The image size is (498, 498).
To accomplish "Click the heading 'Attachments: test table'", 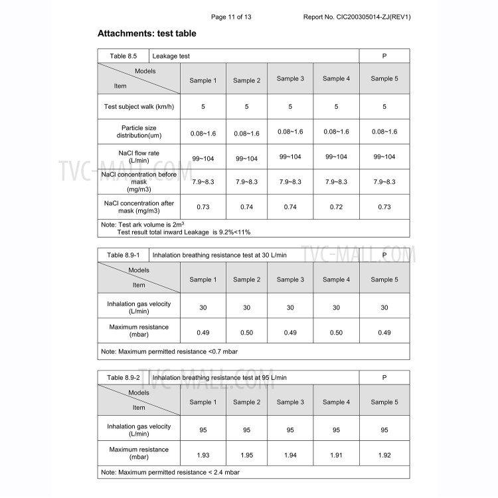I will point(147,33).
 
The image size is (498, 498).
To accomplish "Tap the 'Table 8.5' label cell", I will point(123,56).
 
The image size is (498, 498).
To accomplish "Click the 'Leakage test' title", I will point(171,56).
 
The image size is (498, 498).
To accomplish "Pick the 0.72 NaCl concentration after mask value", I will point(336,207).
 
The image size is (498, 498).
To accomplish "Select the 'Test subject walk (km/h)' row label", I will point(138,106).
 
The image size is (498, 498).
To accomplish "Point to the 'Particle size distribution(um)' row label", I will point(138,131).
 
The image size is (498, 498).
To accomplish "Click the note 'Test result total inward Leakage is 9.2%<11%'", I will point(184,232).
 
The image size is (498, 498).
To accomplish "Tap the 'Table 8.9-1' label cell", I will point(123,254).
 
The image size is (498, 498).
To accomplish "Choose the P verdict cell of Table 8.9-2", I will point(384,377).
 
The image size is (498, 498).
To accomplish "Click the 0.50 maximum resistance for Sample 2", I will point(246,333).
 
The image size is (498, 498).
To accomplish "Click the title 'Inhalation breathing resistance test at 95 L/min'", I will point(220,377).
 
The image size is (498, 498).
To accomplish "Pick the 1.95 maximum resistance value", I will point(246,455).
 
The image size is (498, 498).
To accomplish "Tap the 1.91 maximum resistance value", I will point(336,455).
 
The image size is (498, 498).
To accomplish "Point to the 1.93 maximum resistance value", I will point(203,455).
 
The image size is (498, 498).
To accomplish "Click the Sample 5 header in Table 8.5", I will point(384,79).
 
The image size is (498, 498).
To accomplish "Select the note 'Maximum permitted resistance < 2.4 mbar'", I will point(170,472).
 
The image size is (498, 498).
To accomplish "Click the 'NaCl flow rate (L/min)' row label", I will point(138,157).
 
